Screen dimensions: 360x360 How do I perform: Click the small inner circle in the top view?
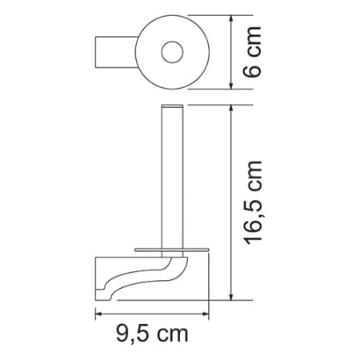[171, 53]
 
